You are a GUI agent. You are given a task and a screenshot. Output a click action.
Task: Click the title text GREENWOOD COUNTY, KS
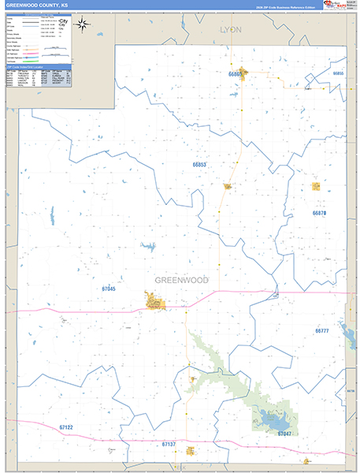click(x=37, y=5)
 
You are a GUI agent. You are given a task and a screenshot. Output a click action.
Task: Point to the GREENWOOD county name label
click(x=181, y=280)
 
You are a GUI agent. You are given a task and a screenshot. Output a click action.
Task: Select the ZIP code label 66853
click(x=199, y=165)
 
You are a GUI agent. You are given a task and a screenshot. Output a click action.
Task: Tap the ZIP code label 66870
click(x=318, y=213)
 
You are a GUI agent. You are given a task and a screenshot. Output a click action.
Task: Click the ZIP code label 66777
click(x=322, y=331)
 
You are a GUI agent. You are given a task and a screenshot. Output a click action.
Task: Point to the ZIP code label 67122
click(x=66, y=427)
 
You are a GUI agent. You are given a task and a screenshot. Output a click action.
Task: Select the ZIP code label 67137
click(x=169, y=445)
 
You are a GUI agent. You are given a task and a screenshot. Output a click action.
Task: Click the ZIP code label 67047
click(x=284, y=434)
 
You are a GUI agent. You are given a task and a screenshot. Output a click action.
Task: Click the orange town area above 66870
click(x=316, y=187)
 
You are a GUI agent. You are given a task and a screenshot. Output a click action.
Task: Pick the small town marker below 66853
click(x=228, y=187)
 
